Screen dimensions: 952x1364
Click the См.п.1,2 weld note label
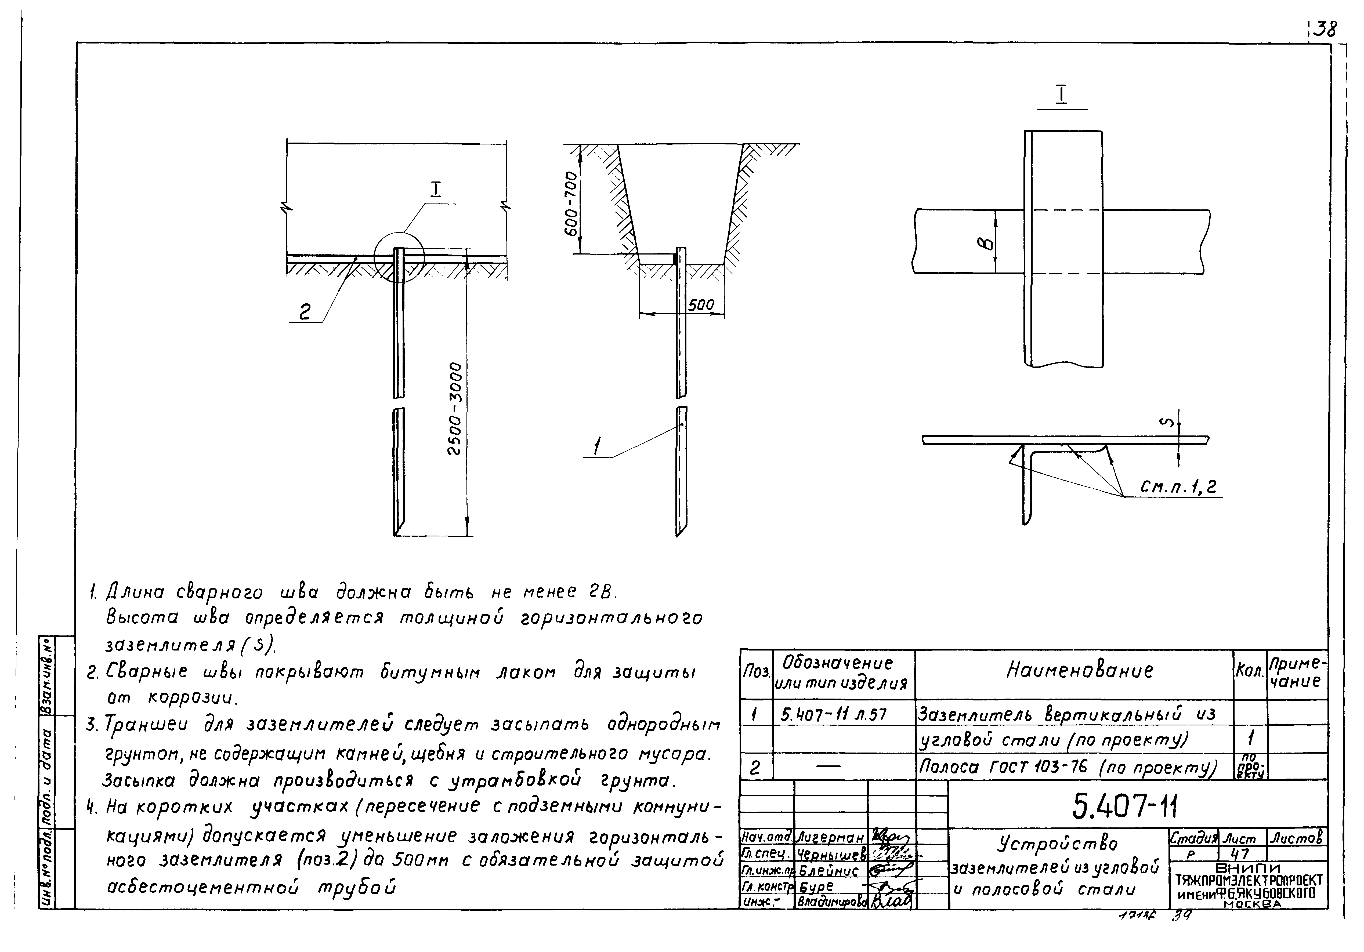pyautogui.click(x=1178, y=487)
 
